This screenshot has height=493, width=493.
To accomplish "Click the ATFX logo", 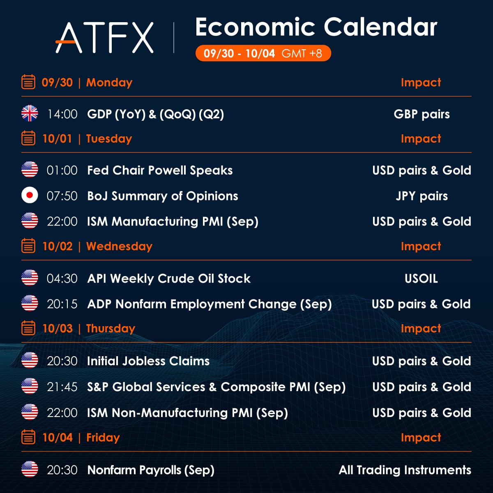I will pos(105,38).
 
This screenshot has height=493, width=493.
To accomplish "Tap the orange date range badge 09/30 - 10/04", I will pos(263,53).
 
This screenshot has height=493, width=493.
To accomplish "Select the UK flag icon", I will pos(30,114).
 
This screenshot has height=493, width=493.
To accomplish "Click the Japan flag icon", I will pos(30,196).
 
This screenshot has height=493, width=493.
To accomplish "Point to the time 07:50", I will pos(62,196).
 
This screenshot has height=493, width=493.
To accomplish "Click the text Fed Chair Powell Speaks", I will pos(160,170).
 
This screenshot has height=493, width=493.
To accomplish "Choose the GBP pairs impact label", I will pos(422,114).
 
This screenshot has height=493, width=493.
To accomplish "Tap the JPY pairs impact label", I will pos(422,196).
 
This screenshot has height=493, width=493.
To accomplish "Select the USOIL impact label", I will pos(421,279).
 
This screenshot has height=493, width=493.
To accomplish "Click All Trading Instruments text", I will pos(405,470).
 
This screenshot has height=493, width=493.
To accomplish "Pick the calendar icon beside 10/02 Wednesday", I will pos(28,246).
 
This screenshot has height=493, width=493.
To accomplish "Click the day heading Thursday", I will pos(111,329).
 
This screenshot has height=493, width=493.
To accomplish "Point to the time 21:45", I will pos(62,387).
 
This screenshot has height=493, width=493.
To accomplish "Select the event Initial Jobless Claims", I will pos(148,361).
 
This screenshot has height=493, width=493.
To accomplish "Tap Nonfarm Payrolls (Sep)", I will pos(151,470).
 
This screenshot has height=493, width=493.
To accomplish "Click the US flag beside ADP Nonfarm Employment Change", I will pos(30,304).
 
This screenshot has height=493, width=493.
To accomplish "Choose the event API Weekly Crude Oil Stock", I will pos(169,279).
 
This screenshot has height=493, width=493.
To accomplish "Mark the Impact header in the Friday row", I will pos(421,438).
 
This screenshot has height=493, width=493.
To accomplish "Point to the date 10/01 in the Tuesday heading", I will pos(57,139).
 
